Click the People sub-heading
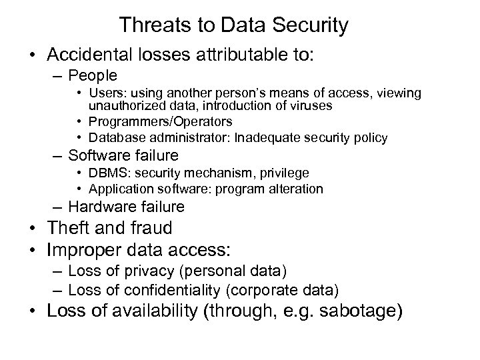(93, 75)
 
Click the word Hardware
(97, 206)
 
